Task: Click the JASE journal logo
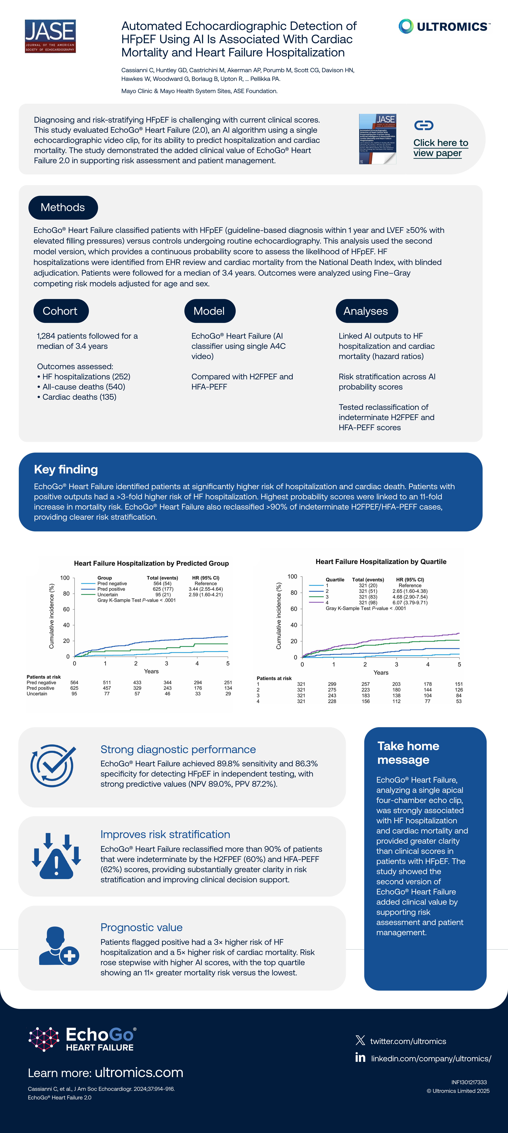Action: click(x=50, y=36)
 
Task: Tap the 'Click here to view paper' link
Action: click(x=440, y=148)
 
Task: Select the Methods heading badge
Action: click(x=63, y=208)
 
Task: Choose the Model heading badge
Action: click(x=209, y=311)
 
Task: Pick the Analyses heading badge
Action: click(x=366, y=311)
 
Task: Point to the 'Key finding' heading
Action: click(x=66, y=469)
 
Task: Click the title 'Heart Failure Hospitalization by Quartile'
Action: click(x=381, y=562)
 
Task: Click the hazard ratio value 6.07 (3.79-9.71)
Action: click(x=410, y=603)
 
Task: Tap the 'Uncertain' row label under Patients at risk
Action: click(x=37, y=694)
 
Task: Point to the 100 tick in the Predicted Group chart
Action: click(x=65, y=578)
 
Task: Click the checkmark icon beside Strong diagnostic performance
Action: click(x=53, y=766)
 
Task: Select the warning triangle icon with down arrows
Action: click(x=56, y=856)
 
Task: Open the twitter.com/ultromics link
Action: click(x=408, y=1041)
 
